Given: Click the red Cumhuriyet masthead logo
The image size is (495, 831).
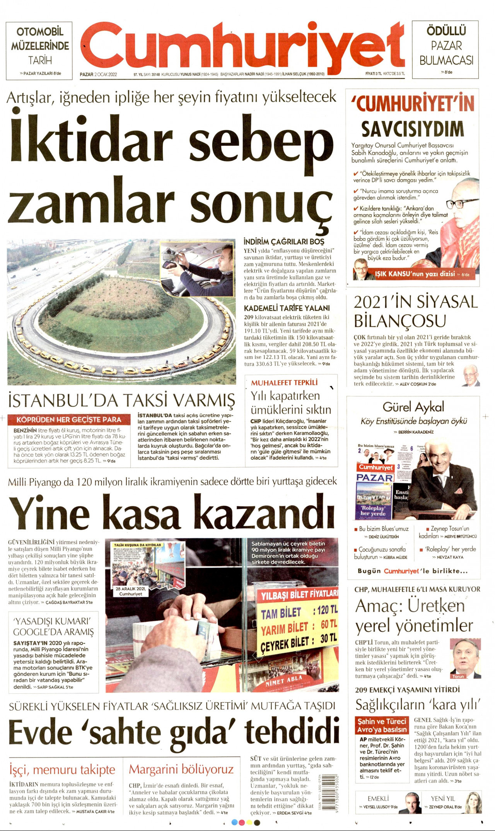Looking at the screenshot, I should pos(243,46).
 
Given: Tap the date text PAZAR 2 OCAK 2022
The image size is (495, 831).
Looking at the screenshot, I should pos(98,74).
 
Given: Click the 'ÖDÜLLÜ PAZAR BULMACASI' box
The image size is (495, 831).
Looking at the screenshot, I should pos(446,49).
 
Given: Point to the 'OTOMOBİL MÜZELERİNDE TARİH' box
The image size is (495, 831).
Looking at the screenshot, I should pos(39,49).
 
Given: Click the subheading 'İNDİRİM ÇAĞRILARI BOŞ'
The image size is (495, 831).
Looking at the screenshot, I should pos(283,242).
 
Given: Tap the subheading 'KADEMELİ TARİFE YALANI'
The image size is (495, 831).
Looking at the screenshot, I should pos(287,308).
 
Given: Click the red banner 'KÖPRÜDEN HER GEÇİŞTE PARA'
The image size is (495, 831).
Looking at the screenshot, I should pos(69,420).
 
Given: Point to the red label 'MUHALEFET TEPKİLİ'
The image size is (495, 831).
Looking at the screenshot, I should pos(284,382).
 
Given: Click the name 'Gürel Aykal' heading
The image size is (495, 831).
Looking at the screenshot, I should pos(413,407).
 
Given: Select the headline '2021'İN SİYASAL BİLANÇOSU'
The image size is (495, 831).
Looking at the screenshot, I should pos(416,312).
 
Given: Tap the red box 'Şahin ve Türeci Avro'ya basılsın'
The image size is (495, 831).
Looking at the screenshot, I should pos(382,725).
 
